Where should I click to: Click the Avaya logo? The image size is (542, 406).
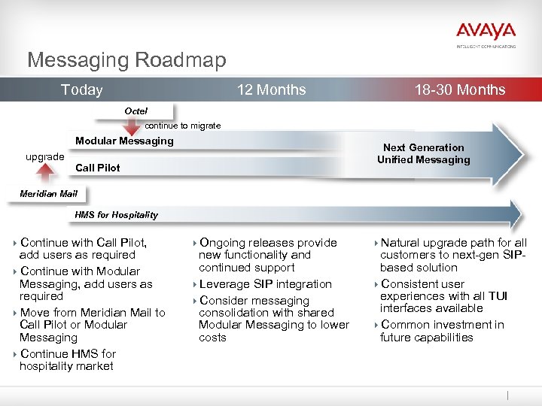pos(486,32)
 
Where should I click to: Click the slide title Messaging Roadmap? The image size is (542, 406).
pos(126,59)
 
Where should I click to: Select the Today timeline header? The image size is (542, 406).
pos(81,90)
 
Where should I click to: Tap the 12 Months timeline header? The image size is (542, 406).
pos(271,90)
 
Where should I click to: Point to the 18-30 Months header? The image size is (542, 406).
pos(459,90)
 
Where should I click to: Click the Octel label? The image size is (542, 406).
pos(136,111)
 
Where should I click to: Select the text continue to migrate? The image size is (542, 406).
pos(183,126)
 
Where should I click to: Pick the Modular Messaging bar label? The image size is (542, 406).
pos(124,141)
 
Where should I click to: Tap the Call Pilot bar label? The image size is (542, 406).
pos(98,168)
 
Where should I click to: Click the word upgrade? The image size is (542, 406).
pos(45,156)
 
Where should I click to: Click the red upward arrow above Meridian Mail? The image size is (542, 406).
pos(46,174)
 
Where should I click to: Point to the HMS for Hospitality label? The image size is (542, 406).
pos(117,215)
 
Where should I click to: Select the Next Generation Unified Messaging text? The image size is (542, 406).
pos(423,153)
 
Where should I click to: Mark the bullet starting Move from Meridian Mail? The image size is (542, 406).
pos(92,325)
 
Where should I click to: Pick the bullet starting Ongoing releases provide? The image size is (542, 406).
pos(267,255)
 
